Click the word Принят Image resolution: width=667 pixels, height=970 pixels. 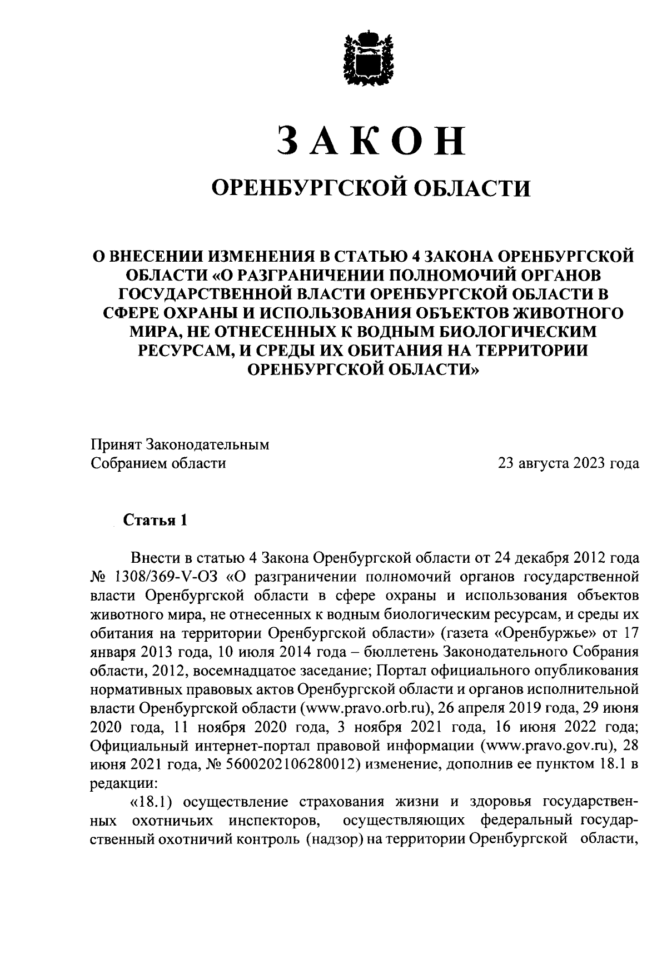pos(116,444)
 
